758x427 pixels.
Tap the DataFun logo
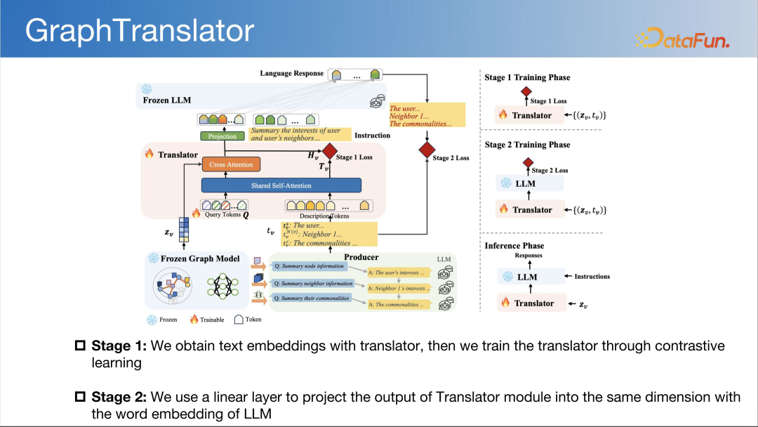pos(681,38)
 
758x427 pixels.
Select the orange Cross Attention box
pos(231,164)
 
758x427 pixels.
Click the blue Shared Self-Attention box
pos(281,185)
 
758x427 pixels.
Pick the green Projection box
pos(222,136)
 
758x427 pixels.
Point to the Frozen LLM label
pos(166,100)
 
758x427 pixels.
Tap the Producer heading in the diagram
pos(361,258)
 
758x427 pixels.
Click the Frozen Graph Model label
pos(200,258)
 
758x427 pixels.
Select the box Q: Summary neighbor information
pos(313,284)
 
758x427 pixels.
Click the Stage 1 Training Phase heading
pos(527,77)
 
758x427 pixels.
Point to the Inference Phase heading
pos(514,246)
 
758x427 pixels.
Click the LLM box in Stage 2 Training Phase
pos(525,184)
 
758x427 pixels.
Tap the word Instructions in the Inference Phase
pos(592,277)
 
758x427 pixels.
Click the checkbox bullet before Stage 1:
pos(80,346)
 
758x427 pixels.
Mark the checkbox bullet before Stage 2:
pos(80,398)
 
